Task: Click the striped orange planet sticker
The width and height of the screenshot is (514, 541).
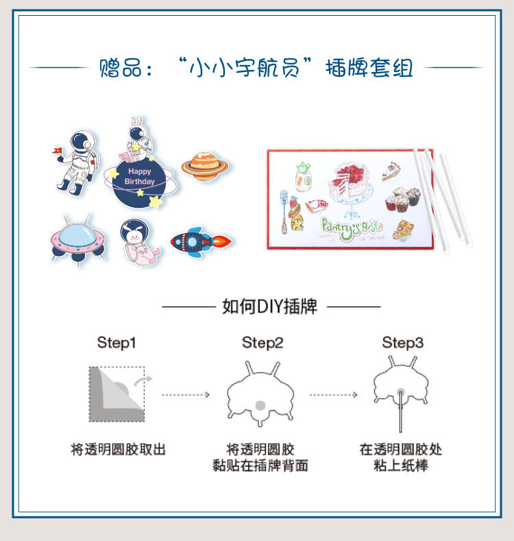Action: point(205,166)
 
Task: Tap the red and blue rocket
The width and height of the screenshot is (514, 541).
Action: point(201,241)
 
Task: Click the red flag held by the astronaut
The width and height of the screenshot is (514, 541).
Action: point(58,150)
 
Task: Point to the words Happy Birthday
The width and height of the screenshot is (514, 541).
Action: point(139,176)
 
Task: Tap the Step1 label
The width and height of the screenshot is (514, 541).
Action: point(117,343)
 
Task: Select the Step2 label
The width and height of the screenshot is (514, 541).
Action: point(262,343)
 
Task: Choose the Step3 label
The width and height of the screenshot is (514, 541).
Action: point(402,343)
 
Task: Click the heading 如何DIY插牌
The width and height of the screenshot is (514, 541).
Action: point(269,306)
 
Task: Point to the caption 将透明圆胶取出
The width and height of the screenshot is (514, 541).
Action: point(119,450)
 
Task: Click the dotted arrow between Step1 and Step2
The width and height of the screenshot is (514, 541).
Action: point(186,395)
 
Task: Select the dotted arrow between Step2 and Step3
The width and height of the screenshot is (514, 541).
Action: point(333,395)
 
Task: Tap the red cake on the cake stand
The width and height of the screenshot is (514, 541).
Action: point(350,180)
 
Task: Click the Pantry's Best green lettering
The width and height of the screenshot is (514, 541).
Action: point(351,228)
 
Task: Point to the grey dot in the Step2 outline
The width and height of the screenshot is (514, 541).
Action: point(260,405)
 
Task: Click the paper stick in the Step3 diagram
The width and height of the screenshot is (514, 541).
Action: point(400,412)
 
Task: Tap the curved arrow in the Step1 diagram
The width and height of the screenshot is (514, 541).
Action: point(143,381)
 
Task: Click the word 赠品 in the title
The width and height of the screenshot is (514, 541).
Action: point(120,68)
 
